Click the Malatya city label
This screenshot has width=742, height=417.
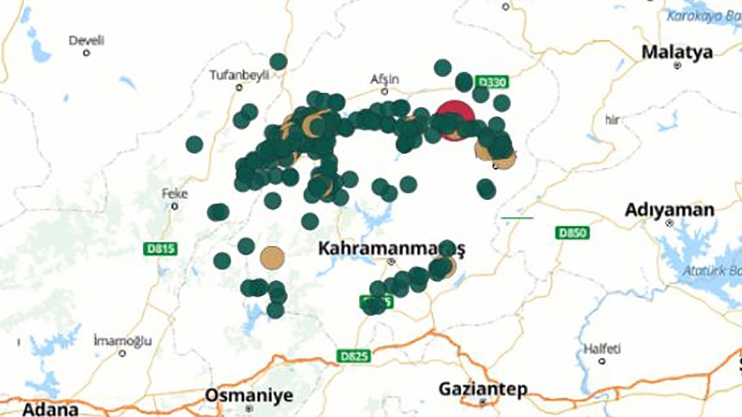pos(677,52)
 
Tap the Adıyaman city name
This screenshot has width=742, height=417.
pos(669,210)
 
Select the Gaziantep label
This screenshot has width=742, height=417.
pos(483,389)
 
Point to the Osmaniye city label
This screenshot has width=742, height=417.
pos(249,395)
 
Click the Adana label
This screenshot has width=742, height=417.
pos(51,409)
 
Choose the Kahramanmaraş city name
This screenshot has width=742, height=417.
pos(391,249)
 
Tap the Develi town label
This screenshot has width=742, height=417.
pos(87,41)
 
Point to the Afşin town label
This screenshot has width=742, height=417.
pos(385,80)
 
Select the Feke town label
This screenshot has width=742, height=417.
pos(174,193)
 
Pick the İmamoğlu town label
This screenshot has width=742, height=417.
pos(122,341)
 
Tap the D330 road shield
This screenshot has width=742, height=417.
pos(492,82)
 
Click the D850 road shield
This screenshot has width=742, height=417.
pos(572,233)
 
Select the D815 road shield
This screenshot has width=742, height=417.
pos(162,249)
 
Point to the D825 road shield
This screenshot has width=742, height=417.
pos(354,356)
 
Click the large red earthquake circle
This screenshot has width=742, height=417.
pos(455,119)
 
